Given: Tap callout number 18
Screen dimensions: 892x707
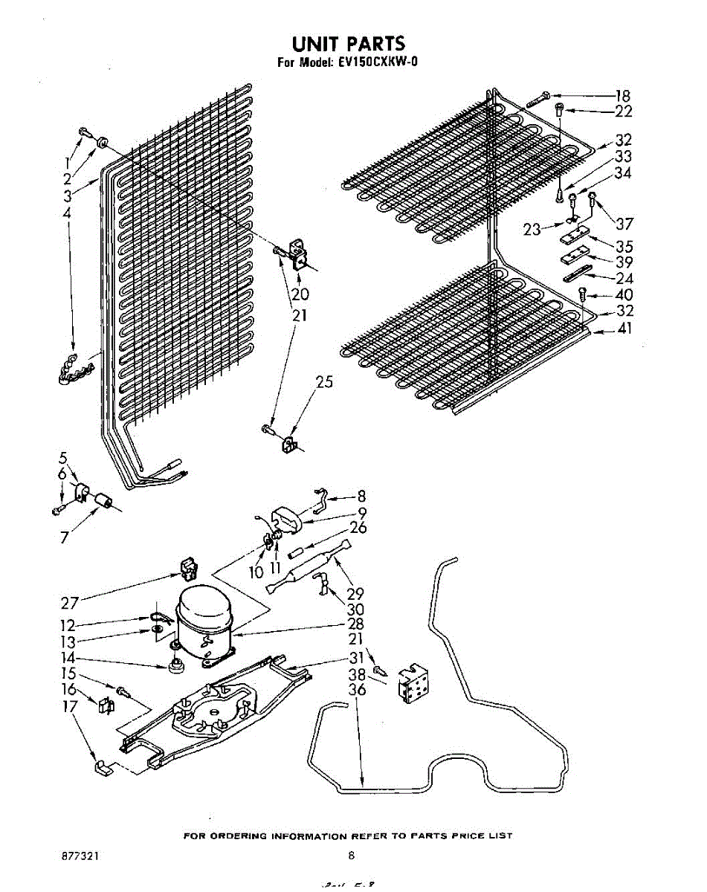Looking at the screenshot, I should click(622, 96).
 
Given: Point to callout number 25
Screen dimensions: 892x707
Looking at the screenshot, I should click(324, 383).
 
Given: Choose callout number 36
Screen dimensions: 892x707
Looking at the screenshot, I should click(358, 690).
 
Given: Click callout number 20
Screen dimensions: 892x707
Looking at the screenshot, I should click(300, 294).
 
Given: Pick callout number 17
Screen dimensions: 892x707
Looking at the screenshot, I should click(69, 707).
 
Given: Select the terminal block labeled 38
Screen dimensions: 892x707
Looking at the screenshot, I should click(413, 682).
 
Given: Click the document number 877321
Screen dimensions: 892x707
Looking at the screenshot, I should click(80, 856).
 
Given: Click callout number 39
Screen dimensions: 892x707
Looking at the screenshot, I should click(624, 262).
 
